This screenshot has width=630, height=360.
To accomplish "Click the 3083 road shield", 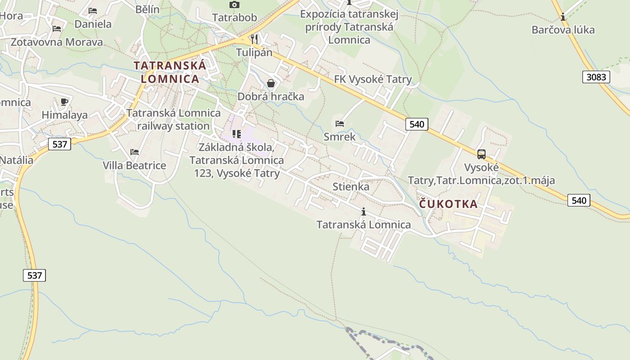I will point(596,77).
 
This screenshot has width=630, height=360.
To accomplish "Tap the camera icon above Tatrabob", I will point(234,5).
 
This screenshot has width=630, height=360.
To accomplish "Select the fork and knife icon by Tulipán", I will point(254,39).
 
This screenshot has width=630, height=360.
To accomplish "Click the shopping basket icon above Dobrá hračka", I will point(271,83).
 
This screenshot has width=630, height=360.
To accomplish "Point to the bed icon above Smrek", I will point(340,123).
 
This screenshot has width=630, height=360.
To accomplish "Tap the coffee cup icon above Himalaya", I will point(64,102).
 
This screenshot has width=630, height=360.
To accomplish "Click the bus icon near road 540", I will point(481,154).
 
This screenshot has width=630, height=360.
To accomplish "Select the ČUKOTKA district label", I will point(448,204).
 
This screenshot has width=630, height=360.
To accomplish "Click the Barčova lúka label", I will point(563,30).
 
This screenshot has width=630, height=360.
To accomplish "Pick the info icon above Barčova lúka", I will point(563,17).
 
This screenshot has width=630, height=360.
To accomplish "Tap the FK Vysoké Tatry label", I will point(373,80).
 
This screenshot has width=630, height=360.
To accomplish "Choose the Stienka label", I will point(351,187).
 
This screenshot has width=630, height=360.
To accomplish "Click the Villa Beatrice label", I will point(134,166).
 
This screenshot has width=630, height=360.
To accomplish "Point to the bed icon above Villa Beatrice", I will point(134,152).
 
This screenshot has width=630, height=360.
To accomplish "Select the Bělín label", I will point(147,9).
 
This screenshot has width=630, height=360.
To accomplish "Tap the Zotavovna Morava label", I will point(57,42).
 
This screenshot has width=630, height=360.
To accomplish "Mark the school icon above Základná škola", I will point(236,134).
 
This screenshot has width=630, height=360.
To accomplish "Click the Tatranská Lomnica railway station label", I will point(173,119).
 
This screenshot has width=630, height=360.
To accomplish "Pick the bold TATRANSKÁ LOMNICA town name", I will point(170,72).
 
